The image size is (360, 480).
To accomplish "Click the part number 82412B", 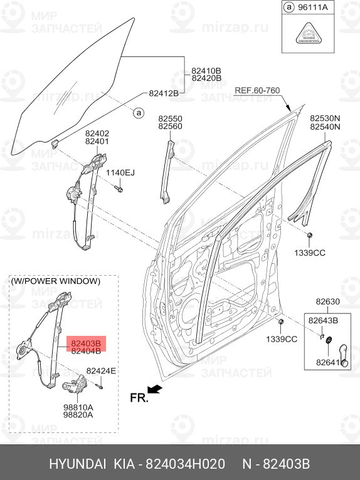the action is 164,93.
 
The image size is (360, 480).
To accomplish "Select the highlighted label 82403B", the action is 86,343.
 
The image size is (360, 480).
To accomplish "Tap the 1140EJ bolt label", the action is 120,173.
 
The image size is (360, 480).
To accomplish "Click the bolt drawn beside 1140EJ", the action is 118,188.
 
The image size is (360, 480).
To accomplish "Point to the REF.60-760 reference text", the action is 257,91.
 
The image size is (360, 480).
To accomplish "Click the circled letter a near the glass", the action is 139,113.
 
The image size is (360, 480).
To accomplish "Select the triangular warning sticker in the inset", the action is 308,33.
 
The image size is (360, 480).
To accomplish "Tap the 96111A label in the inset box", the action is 313,8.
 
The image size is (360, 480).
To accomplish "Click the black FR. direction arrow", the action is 154,389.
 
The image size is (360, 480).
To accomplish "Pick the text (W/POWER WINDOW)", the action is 56,281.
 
